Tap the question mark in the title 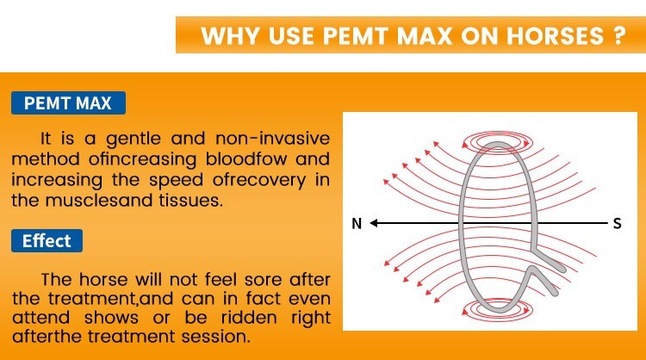[x=618, y=38]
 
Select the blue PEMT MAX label [x=68, y=103]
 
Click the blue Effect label [x=47, y=241]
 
